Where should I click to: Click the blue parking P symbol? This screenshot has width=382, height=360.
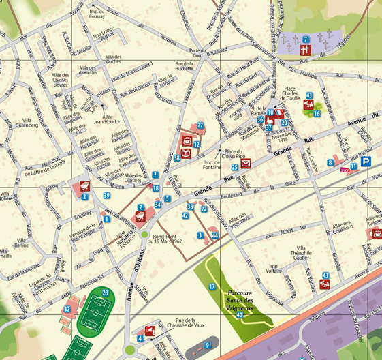click(x=366, y=162)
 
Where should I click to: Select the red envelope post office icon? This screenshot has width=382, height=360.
click(x=246, y=164)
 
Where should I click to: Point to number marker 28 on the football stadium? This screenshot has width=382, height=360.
click(x=105, y=292)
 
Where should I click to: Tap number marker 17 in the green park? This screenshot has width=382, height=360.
click(x=212, y=287)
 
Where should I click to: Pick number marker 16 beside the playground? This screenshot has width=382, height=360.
click(x=317, y=113)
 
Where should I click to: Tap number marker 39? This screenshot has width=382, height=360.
click(x=106, y=196)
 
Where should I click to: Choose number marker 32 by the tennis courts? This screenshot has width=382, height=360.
click(x=67, y=309)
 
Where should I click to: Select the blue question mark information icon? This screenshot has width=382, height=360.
click(x=155, y=175)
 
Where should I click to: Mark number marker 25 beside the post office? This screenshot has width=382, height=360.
click(x=234, y=166)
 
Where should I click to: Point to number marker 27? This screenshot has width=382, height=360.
click(x=200, y=125)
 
